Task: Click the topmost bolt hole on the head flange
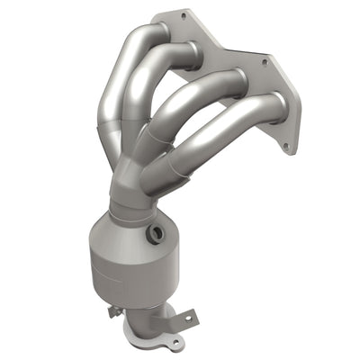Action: tap(184, 15)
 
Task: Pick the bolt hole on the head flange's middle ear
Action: tap(265, 62)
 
